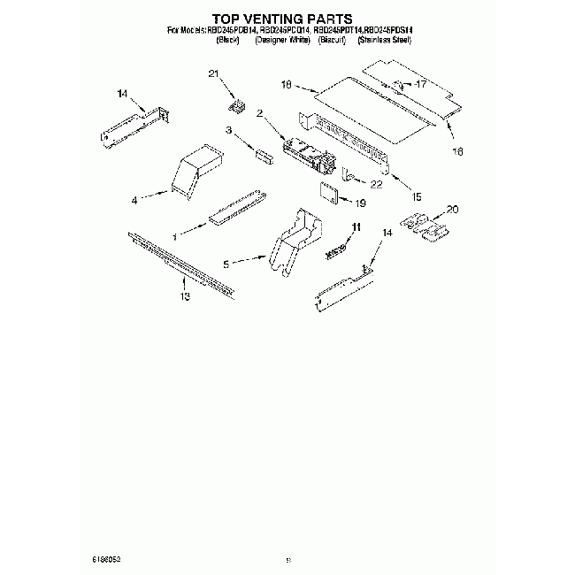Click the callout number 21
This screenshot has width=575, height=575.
[x=212, y=74]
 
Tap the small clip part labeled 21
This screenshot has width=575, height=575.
[x=236, y=107]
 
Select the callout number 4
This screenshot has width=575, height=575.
[x=134, y=201]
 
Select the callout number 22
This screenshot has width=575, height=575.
[x=376, y=184]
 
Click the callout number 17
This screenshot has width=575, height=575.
[x=421, y=85]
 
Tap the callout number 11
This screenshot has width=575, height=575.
[x=356, y=228]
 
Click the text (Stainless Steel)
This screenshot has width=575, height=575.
[x=388, y=41]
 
